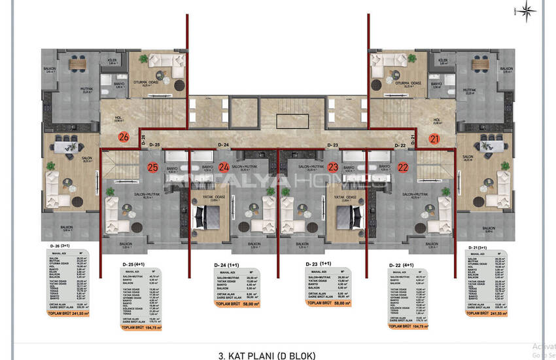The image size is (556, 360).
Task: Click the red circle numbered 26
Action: [123, 137]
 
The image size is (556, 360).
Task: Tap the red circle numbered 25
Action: [153, 168]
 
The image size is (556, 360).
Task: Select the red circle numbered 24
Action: [224, 168]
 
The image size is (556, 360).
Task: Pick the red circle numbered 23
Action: [333, 168]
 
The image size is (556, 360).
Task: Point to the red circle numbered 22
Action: [403, 168]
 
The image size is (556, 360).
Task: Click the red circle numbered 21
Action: [434, 137]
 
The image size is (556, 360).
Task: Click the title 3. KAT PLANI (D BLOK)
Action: [268, 355]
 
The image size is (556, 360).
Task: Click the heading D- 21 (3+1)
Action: [481, 246]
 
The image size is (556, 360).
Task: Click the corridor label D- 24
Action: [222, 144]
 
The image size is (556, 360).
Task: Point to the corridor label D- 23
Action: [332, 144]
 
